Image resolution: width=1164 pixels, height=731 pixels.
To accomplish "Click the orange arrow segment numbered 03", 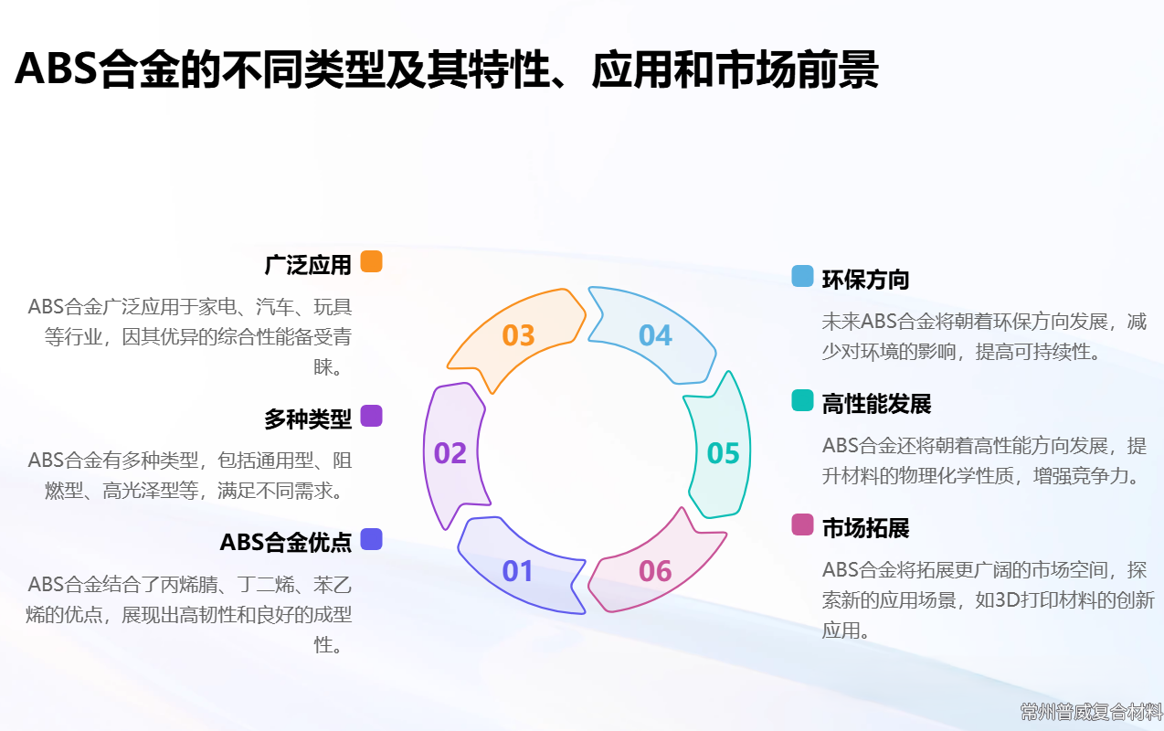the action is coord(518,336).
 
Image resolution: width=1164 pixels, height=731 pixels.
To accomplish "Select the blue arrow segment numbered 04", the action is coord(655,335).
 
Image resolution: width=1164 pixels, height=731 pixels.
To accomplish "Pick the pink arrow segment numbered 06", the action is coord(656,570).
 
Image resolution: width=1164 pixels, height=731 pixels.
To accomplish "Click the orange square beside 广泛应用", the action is coord(371,261).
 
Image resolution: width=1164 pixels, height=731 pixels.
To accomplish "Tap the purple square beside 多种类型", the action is coord(371,416).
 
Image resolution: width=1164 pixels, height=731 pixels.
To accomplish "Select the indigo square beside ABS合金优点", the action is coord(371,539).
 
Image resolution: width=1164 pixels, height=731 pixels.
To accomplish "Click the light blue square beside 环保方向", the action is coord(802,276).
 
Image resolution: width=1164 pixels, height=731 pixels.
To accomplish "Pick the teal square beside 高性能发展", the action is coord(802,400).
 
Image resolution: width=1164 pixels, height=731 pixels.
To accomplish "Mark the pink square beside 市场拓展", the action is coord(802,524).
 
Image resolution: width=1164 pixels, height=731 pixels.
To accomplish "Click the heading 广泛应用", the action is coord(308,265).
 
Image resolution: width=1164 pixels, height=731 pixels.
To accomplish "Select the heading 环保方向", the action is coord(866,280).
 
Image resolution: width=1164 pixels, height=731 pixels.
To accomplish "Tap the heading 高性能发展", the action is coord(876,404).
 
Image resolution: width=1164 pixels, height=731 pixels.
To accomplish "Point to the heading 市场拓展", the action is coord(866,528).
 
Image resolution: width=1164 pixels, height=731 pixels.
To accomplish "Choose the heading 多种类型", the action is coord(308,419).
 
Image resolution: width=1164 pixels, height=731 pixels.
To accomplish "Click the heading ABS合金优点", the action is coord(286,543).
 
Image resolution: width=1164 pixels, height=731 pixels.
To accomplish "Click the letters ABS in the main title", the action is coord(56,69).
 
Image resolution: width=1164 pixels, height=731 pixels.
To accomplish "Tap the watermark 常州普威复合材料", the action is coord(1091,712).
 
